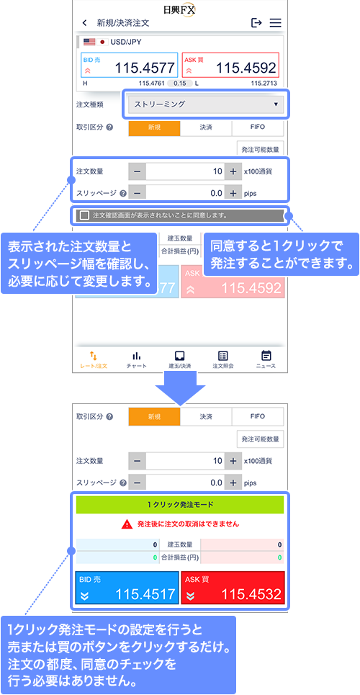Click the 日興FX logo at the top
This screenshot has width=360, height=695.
[x=179, y=9]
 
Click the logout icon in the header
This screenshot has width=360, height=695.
[x=256, y=22]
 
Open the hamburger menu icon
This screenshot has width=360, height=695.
[x=276, y=23]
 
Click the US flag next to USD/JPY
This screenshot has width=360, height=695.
[x=89, y=42]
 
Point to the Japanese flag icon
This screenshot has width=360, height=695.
[x=102, y=42]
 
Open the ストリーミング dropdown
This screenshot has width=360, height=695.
[x=206, y=104]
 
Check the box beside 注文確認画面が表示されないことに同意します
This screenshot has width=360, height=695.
[x=84, y=215]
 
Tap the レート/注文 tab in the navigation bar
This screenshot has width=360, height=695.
[x=94, y=360]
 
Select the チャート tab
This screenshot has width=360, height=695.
[x=137, y=360]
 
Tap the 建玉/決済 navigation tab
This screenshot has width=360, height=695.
[x=179, y=360]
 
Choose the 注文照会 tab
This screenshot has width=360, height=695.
[x=223, y=360]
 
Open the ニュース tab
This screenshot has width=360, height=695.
[x=266, y=360]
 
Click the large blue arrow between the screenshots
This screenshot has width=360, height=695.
[x=180, y=388]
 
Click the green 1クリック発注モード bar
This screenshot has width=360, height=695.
[x=180, y=504]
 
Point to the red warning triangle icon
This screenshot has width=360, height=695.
[x=127, y=524]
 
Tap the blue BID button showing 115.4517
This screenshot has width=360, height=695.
[x=127, y=588]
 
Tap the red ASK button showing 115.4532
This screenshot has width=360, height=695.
[x=233, y=588]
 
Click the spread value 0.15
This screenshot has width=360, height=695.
[x=179, y=83]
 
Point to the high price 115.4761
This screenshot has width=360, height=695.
[x=152, y=83]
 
